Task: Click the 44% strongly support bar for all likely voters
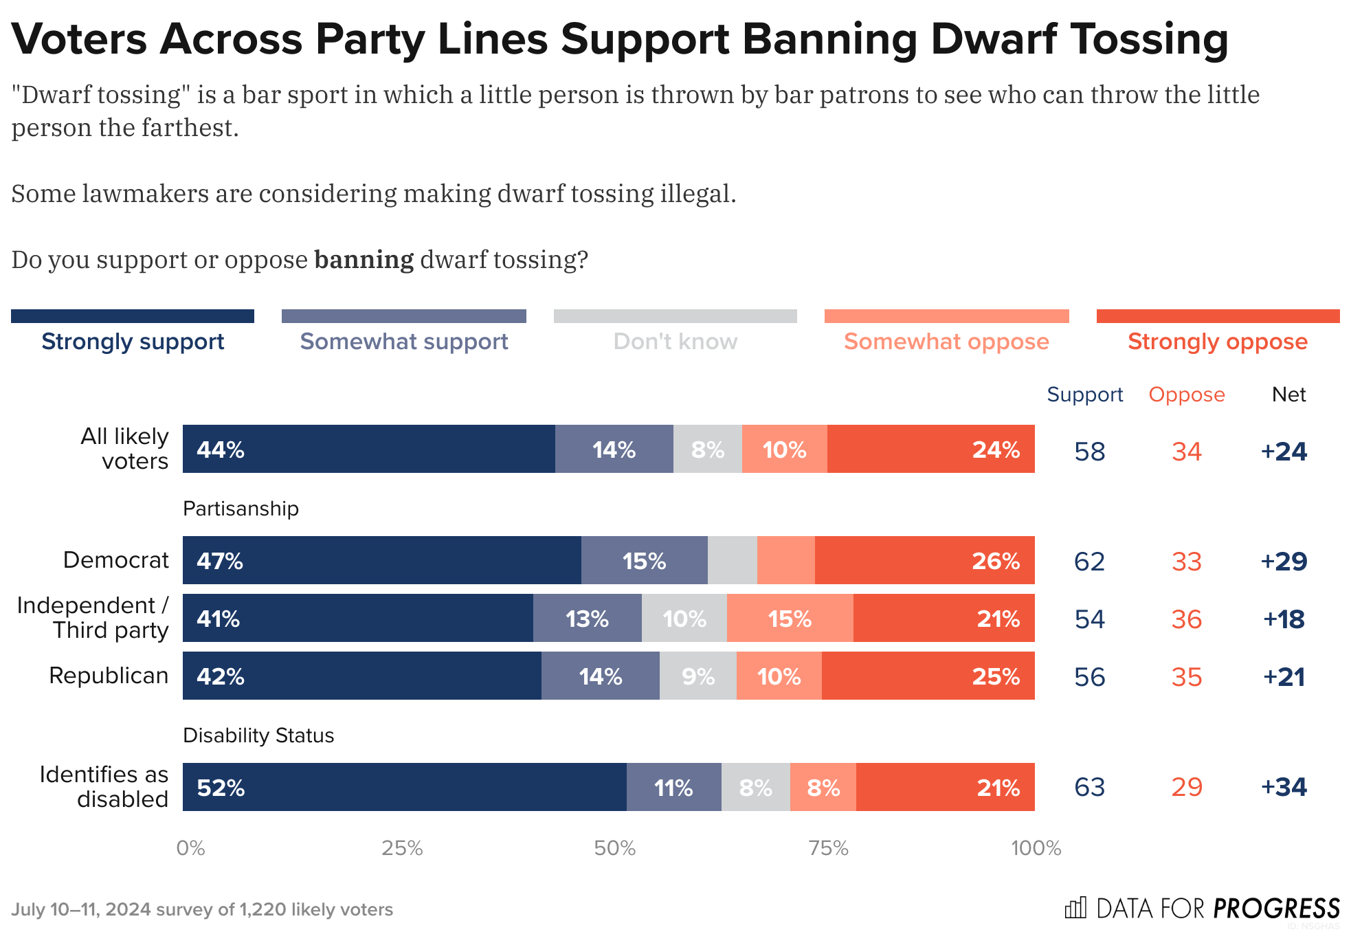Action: (368, 449)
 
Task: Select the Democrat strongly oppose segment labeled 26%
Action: (924, 560)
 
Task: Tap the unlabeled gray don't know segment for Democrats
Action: (732, 560)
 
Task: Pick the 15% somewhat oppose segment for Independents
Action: (790, 618)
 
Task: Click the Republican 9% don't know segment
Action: (697, 676)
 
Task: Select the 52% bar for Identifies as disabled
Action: (404, 787)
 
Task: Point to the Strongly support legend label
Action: (133, 342)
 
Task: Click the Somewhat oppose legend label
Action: (946, 342)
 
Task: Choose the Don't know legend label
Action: (675, 342)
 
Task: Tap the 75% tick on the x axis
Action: (828, 848)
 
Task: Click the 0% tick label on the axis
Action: (190, 848)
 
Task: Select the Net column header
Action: (1288, 395)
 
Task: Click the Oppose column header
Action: (1187, 395)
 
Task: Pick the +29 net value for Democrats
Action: (1284, 562)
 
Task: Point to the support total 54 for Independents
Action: (1089, 619)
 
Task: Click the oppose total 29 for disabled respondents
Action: (1187, 787)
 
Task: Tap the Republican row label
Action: (109, 676)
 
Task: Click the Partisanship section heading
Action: (241, 509)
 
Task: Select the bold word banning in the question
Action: (364, 260)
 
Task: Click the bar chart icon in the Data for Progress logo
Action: (1075, 908)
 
